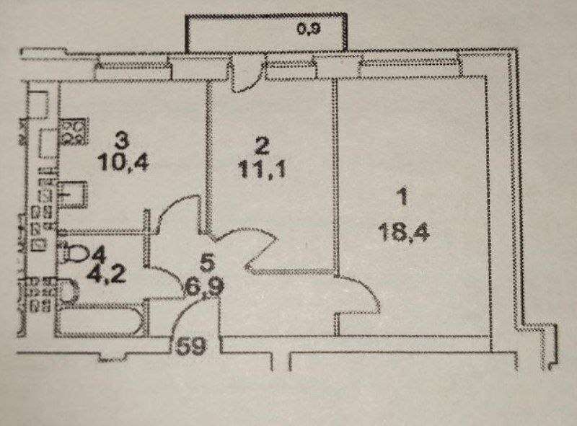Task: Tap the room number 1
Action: pos(402,195)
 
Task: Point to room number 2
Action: pos(262,147)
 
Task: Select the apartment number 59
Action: pos(190,346)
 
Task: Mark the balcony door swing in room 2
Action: pos(246,76)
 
